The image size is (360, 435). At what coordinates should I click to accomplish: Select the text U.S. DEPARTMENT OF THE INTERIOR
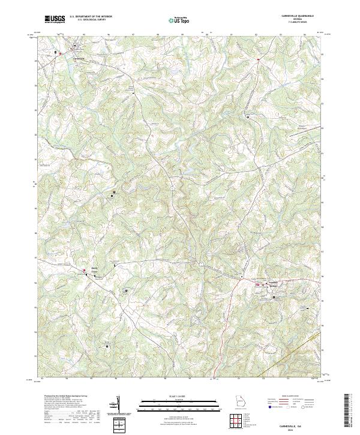[x=91, y=17]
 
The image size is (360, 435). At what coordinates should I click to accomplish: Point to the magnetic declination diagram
[x=119, y=403]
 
